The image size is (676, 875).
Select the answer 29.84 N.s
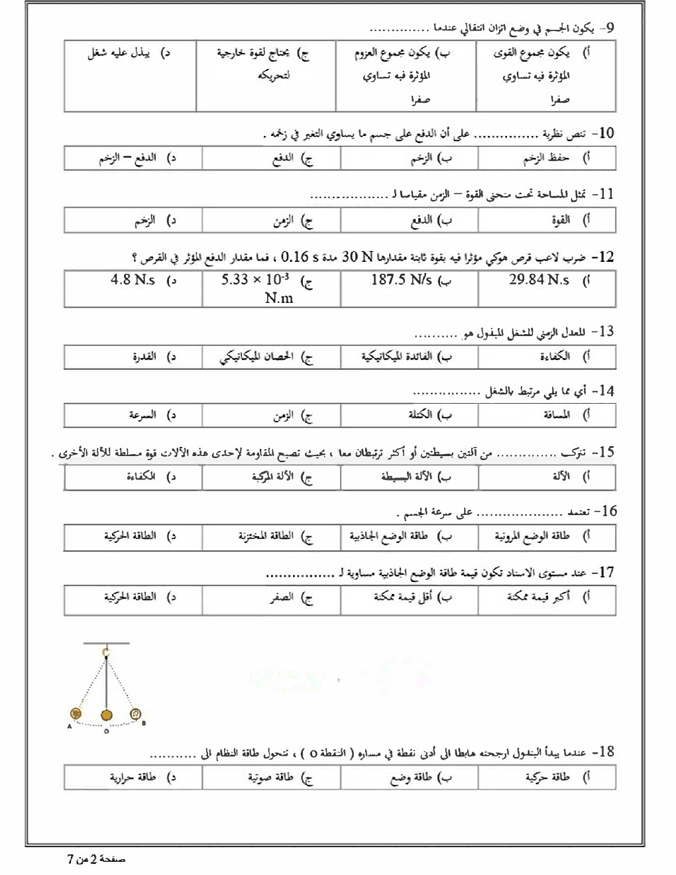pos(539,280)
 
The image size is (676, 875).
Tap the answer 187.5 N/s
pos(401,280)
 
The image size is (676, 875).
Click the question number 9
pos(607,28)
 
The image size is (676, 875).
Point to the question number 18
pos(604,752)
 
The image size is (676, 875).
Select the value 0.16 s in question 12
pos(300,257)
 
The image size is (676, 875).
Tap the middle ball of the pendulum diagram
pos(106,715)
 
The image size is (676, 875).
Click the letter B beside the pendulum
pos(144,723)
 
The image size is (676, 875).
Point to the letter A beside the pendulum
pos(69,727)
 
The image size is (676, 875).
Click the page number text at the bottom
pos(97,860)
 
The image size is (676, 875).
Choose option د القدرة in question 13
pos(144,357)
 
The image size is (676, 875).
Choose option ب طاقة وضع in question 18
pos(411,777)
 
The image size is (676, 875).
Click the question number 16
pos(606,511)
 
